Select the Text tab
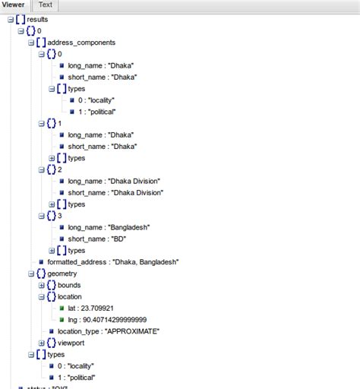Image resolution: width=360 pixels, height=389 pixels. (46, 5)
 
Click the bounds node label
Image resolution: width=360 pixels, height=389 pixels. (69, 285)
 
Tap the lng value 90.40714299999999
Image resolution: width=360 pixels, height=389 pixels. (109, 320)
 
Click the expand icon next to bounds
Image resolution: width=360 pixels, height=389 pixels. (40, 285)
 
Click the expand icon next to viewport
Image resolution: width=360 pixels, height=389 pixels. (40, 343)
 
